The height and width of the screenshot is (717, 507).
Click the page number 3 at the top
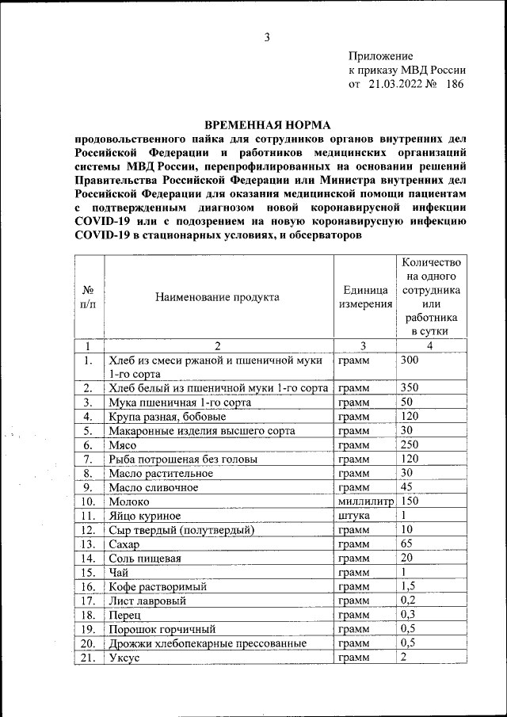coord(267,36)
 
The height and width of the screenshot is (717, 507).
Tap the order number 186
coord(455,83)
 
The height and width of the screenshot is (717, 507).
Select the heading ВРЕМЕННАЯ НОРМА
coord(267,125)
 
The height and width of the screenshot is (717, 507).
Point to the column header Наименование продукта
coord(217,297)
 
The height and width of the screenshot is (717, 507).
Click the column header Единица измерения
coord(365,297)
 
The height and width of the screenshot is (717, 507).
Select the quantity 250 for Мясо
coord(410,445)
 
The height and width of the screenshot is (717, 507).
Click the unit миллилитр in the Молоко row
coord(366,502)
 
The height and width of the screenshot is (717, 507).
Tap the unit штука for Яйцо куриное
coord(353,516)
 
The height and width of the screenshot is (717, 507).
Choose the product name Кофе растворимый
coord(158,587)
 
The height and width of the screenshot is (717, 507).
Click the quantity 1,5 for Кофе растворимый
coord(408,586)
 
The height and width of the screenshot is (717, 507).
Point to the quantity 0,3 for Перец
coord(408,615)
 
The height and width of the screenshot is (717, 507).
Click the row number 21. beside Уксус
coord(88,658)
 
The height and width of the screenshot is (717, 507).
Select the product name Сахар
coord(124,545)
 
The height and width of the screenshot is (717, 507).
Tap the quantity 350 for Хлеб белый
coord(410,388)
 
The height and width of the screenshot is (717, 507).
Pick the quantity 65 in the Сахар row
coord(408,544)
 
